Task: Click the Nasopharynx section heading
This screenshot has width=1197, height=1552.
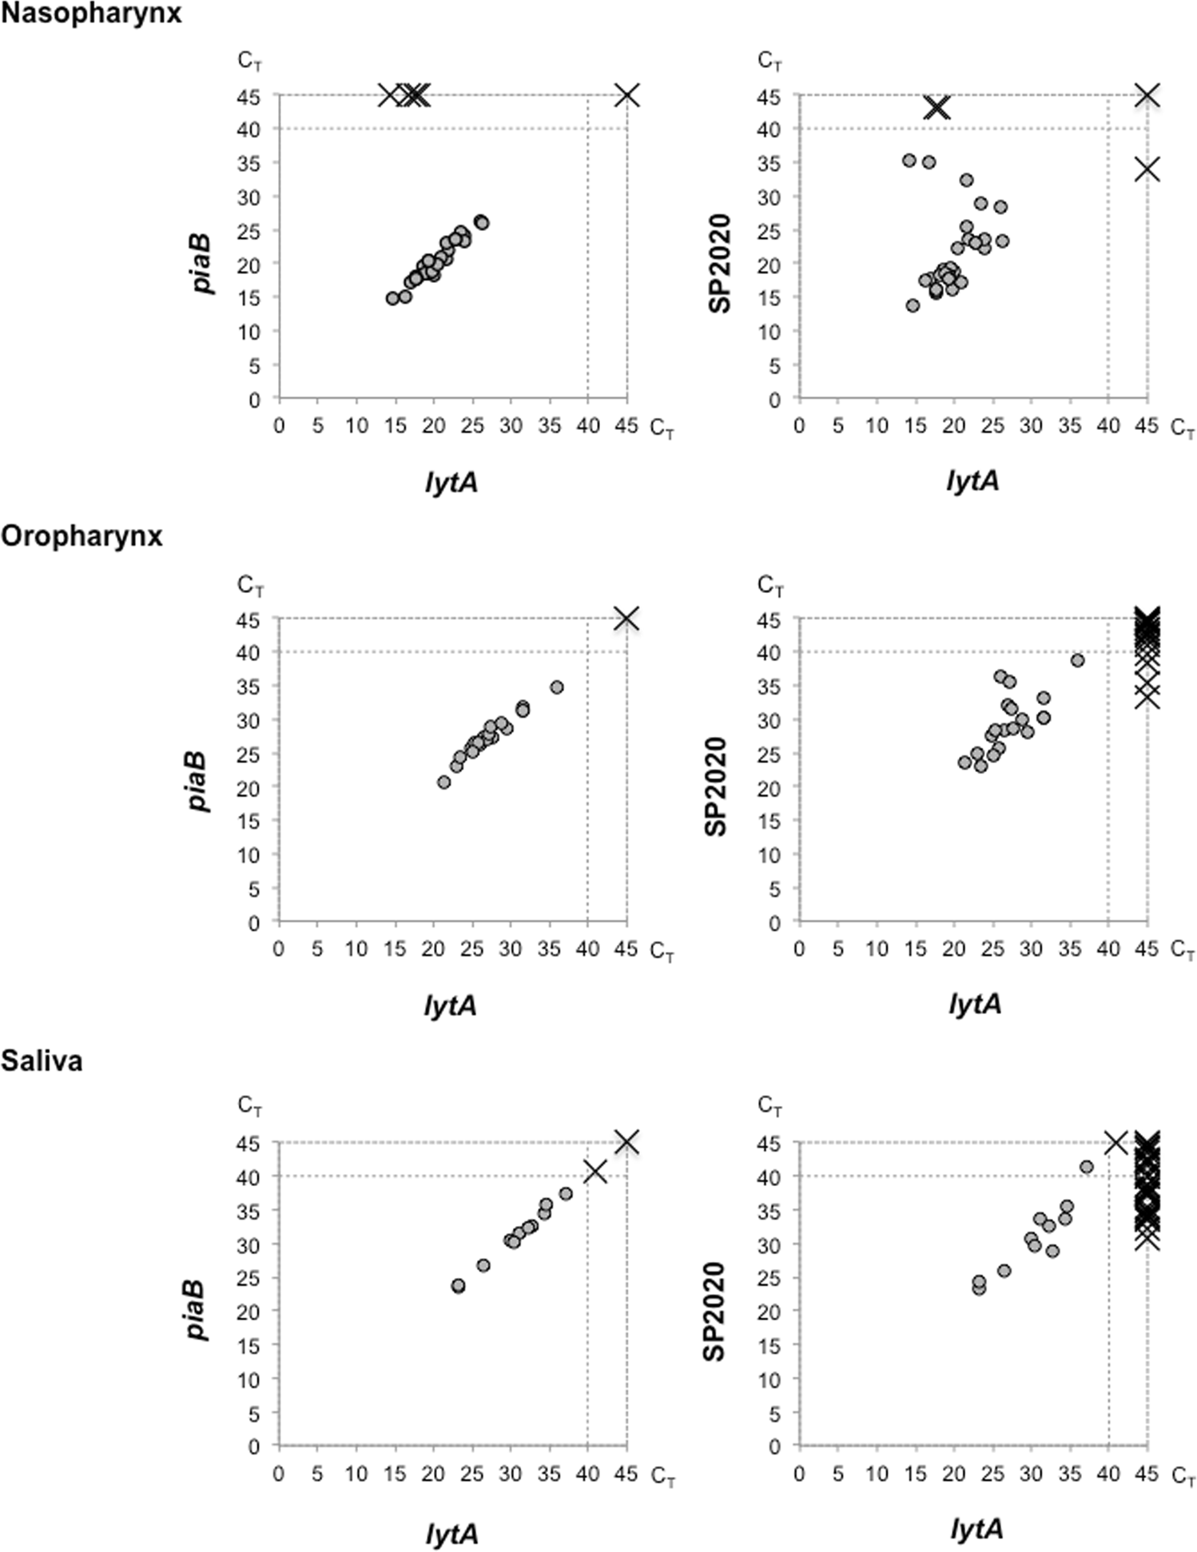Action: click(90, 14)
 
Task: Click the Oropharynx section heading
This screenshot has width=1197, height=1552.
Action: click(82, 536)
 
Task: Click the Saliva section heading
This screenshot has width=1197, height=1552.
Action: click(42, 1061)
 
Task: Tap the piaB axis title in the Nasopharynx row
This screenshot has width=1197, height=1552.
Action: click(203, 264)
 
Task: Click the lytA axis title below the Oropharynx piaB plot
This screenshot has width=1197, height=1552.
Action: click(450, 1005)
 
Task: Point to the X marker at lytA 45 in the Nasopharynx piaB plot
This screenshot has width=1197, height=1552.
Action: click(627, 95)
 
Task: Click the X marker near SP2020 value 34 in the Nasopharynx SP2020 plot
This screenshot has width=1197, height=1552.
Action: click(1147, 169)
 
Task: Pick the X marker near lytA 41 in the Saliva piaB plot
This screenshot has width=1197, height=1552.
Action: click(595, 1172)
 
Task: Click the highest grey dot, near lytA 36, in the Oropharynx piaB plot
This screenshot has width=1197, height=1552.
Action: click(557, 687)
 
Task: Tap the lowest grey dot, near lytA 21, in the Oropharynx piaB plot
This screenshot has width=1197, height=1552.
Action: click(444, 782)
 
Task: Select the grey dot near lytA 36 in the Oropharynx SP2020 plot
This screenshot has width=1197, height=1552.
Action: click(1077, 661)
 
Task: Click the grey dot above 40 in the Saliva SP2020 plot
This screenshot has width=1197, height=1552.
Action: click(1087, 1167)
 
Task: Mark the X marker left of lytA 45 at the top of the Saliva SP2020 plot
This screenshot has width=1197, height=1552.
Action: click(1115, 1142)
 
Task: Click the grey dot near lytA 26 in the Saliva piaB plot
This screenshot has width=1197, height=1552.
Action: click(483, 1266)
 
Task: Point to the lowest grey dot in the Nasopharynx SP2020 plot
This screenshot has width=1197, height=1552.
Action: click(913, 305)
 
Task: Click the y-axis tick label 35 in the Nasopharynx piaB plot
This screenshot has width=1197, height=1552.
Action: click(250, 163)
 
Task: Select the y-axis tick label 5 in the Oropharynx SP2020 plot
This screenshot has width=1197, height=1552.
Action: click(774, 889)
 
